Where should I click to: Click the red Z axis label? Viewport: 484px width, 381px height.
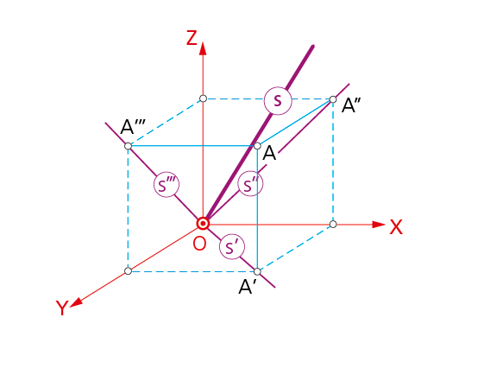[x=192, y=38]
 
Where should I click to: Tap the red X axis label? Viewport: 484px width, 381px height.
[x=396, y=227]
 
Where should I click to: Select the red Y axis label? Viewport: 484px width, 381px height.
[x=62, y=308]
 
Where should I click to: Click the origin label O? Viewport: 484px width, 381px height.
[x=199, y=244]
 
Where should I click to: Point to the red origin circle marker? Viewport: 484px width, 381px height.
[x=203, y=223]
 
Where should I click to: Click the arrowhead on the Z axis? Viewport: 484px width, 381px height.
[x=203, y=49]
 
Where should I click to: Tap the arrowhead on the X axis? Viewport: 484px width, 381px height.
[x=379, y=225]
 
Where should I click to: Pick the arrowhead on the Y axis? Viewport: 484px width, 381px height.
[x=76, y=302]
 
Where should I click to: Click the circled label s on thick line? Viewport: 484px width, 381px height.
[x=278, y=101]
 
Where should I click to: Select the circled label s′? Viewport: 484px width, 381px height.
[x=232, y=247]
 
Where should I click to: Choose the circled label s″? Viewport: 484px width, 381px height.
[x=250, y=184]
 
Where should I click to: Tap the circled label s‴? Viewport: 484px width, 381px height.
[x=167, y=185]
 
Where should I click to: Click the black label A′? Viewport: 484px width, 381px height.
[x=248, y=287]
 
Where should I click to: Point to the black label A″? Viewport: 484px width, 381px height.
[x=351, y=105]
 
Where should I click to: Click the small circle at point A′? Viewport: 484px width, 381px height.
[x=257, y=271]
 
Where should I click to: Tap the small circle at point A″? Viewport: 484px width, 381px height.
[x=333, y=99]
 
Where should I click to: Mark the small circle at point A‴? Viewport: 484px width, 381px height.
[x=128, y=146]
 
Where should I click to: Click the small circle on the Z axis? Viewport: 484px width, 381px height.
[x=203, y=98]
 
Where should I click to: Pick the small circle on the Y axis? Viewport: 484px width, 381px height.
[x=128, y=271]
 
